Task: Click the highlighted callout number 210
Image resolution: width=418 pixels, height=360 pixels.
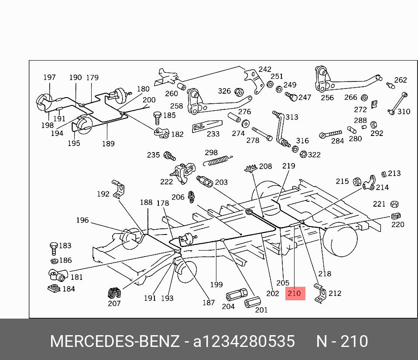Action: (x=295, y=293)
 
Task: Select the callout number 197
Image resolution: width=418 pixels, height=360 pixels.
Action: (x=49, y=78)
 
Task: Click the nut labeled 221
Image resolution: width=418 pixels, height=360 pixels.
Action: (x=393, y=204)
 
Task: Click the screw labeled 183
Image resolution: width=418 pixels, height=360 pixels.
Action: (x=54, y=248)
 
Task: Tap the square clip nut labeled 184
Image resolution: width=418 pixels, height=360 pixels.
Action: (x=55, y=289)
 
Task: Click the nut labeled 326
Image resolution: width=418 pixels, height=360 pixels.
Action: (x=239, y=92)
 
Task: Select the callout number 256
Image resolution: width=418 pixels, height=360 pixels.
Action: (x=327, y=98)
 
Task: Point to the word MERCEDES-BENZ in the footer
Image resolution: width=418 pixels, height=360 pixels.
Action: (x=115, y=341)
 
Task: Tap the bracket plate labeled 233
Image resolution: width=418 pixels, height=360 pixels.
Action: (x=204, y=127)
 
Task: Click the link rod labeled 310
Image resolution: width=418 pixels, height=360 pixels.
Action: (x=397, y=103)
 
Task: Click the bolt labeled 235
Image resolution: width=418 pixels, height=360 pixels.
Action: (x=169, y=156)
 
